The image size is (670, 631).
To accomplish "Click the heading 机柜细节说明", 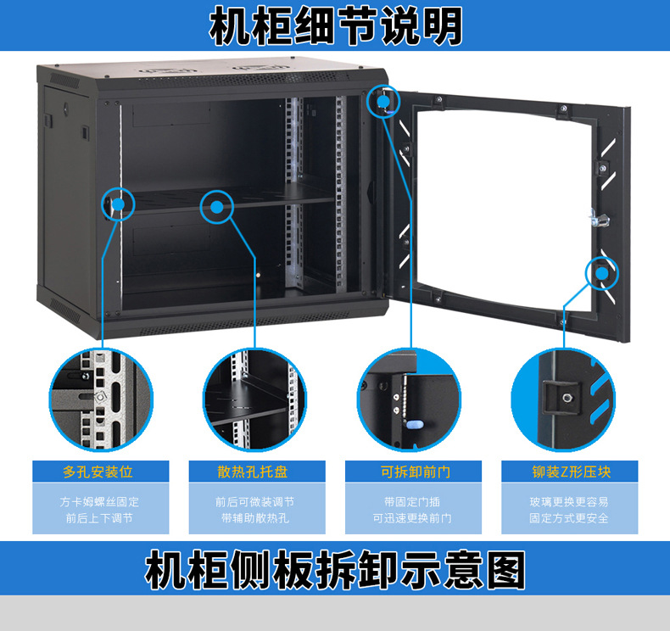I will (336, 26).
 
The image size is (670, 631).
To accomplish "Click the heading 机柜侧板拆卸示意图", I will (335, 570).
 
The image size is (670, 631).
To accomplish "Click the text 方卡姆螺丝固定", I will (98, 501).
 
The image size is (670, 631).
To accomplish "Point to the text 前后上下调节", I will (98, 518).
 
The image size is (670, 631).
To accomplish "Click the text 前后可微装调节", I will (255, 501).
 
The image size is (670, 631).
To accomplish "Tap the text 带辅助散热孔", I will (255, 518).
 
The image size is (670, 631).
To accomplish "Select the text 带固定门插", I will (411, 501).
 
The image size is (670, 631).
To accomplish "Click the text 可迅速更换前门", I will (411, 518).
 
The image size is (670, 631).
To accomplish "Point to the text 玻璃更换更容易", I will (569, 501).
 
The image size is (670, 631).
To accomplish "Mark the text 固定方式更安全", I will (569, 518).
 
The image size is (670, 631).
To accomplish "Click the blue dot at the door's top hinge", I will (382, 102).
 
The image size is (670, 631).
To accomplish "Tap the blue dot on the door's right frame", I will (601, 273).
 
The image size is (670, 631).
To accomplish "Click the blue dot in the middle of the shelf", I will (217, 206).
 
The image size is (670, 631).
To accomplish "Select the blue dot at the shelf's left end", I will (118, 204).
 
